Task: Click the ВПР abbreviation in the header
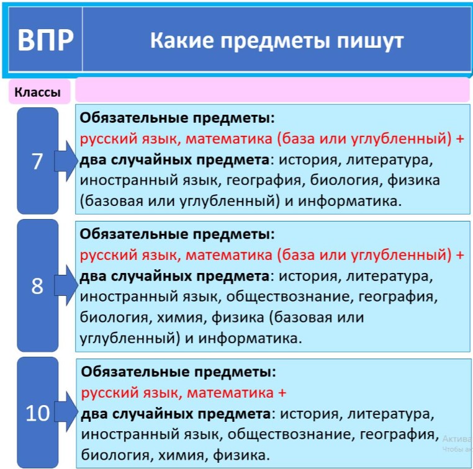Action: pos(45,40)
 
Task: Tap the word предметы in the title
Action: pos(275,41)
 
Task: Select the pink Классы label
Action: pos(38,92)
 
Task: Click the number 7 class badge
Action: pos(37,161)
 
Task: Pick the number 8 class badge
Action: pos(37,285)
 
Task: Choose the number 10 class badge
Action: pos(37,413)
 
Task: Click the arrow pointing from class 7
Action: pos(66,161)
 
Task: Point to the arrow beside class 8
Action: pos(66,285)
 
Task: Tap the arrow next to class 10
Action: pos(66,412)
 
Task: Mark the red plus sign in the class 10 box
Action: pos(282,393)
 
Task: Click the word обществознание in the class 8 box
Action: pos(290,297)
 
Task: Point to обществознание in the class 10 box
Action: pos(291,434)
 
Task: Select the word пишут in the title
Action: pos(370,42)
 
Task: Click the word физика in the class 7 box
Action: pos(413,181)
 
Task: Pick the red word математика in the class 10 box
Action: pos(230,393)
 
